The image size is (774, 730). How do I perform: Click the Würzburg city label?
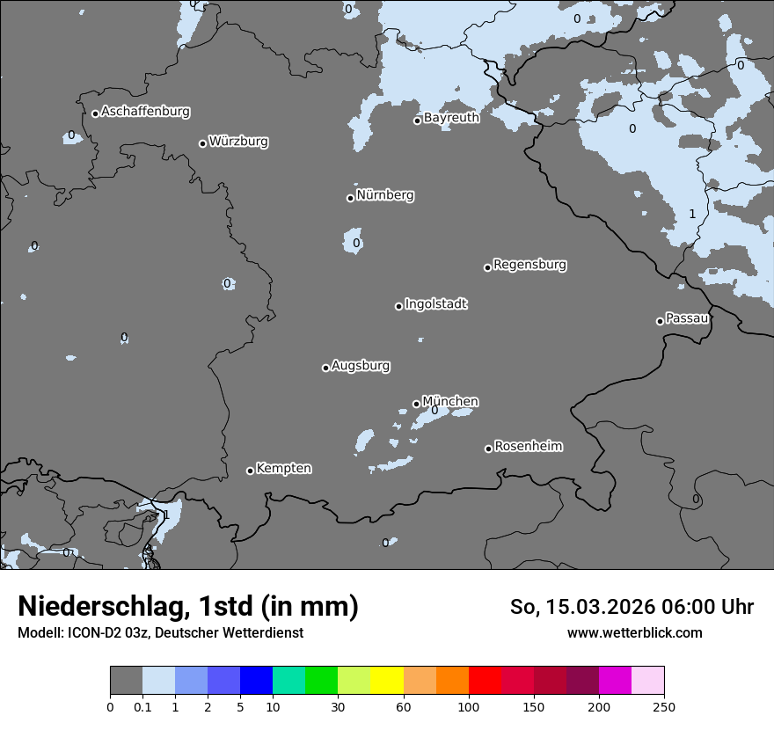(238, 142)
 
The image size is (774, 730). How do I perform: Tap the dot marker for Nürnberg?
(350, 198)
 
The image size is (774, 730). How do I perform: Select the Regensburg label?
(529, 265)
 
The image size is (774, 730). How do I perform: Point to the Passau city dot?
(660, 321)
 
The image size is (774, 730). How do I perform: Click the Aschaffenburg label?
(145, 112)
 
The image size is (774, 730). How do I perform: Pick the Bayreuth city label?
(451, 118)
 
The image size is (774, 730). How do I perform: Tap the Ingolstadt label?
(435, 304)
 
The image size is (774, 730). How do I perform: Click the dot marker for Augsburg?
(325, 368)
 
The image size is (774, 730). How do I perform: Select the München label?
(450, 402)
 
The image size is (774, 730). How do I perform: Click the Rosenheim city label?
(528, 447)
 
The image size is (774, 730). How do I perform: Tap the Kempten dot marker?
(250, 471)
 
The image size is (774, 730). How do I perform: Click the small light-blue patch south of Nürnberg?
(354, 242)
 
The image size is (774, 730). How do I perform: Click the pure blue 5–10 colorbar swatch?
(256, 681)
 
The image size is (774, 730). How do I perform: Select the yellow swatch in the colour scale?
(387, 681)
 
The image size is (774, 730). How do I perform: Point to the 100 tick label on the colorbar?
(468, 706)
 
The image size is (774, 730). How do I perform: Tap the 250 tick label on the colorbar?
(664, 706)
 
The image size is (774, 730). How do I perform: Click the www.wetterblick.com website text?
(634, 633)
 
